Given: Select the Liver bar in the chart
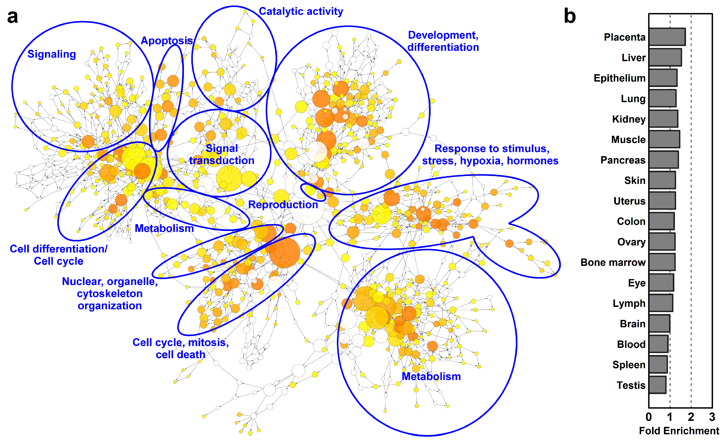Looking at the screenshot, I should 665,57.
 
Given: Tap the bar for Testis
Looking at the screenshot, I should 657,385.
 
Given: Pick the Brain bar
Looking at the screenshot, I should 659,324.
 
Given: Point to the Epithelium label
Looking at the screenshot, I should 619,78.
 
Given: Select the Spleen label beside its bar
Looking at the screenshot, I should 629,365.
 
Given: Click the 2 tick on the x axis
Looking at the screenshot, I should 691,417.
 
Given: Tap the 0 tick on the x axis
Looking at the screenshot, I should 649,417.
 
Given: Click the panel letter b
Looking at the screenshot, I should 570,16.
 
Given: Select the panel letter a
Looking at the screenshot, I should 12,16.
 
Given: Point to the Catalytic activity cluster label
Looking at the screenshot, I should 301,11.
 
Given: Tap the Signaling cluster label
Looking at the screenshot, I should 52,54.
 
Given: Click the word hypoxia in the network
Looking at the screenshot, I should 480,161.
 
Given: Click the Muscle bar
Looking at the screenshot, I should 664,139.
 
